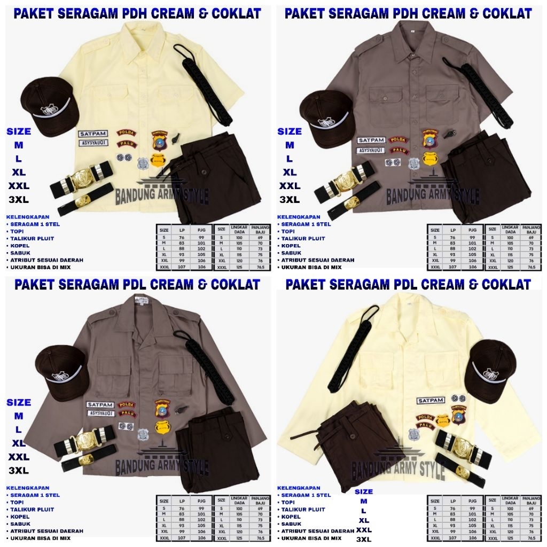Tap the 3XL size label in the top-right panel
point(290,200)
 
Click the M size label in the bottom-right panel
point(364,501)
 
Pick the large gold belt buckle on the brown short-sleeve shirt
point(346,182)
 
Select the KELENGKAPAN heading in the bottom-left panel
point(28,488)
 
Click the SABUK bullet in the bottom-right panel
point(292,523)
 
